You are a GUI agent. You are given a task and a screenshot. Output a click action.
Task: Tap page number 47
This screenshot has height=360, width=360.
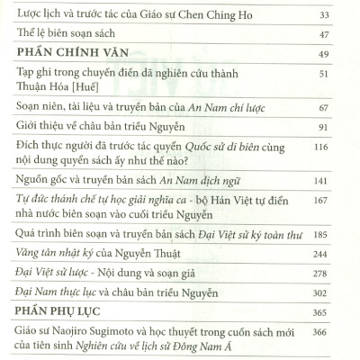tap(324, 41)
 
